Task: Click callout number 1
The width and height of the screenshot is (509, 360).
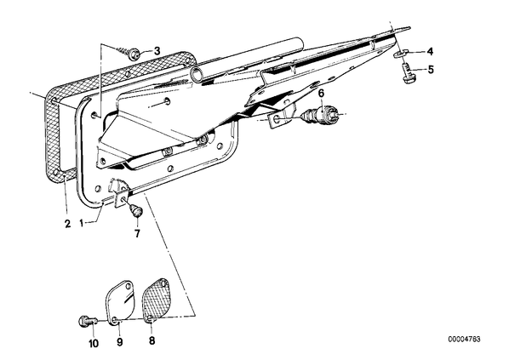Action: (x=82, y=223)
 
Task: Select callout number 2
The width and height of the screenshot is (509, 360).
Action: (x=67, y=224)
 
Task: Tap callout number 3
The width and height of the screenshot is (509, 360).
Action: (x=157, y=51)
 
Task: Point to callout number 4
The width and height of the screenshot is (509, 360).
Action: (x=430, y=51)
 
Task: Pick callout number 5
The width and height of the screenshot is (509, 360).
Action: (x=431, y=70)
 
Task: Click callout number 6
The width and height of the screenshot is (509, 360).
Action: (x=321, y=94)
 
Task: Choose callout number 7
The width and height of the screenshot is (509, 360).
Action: (x=137, y=233)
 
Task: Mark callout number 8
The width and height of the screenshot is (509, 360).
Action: (x=152, y=340)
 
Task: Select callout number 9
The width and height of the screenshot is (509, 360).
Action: (x=120, y=342)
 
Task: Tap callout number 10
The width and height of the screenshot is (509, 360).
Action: (x=93, y=344)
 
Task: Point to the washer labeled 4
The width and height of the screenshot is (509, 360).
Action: (x=401, y=54)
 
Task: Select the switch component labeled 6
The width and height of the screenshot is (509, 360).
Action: (x=322, y=114)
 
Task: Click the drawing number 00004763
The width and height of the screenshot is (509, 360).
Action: (x=465, y=340)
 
